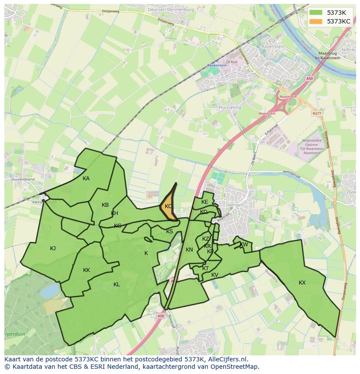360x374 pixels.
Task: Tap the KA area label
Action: (x=86, y=179)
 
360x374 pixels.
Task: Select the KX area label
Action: (x=302, y=283)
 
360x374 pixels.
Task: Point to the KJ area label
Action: (x=53, y=248)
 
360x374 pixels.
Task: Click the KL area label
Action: (x=117, y=285)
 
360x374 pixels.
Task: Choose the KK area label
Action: (x=87, y=270)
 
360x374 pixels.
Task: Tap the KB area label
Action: (x=105, y=205)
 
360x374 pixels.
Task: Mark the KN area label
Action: (x=189, y=250)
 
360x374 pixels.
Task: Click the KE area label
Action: (x=205, y=202)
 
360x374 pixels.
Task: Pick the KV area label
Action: (x=215, y=275)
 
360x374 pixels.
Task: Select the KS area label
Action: (x=170, y=232)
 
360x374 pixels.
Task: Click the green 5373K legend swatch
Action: (x=316, y=12)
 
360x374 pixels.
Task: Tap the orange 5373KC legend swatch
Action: (x=316, y=21)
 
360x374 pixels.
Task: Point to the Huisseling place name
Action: (x=230, y=107)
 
